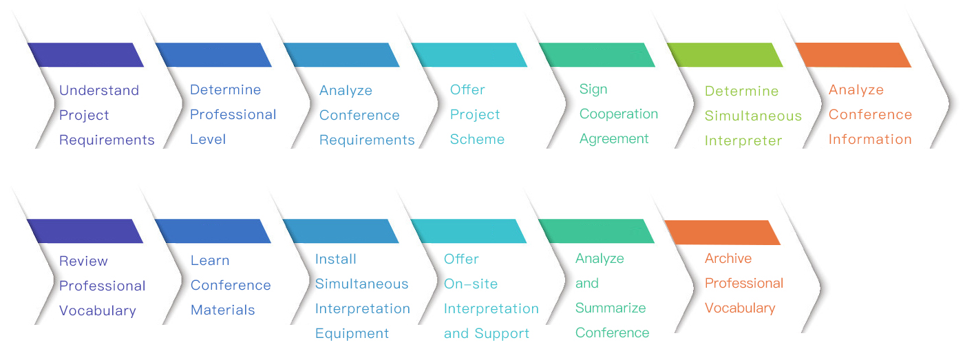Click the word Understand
(x=99, y=91)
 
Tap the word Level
(x=208, y=140)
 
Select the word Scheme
(x=477, y=140)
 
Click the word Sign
(x=593, y=89)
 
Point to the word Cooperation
(x=619, y=114)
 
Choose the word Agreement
(x=614, y=139)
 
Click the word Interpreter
(x=743, y=141)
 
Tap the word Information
(x=870, y=140)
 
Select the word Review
(x=83, y=262)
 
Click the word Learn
(x=210, y=261)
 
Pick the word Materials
(x=223, y=310)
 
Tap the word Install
(x=336, y=260)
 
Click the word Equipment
(x=352, y=334)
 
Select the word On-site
(x=471, y=284)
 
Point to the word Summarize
(x=611, y=308)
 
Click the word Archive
(x=728, y=259)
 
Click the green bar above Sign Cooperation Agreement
(x=596, y=55)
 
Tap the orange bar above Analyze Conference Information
(x=853, y=55)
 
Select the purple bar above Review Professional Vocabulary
(x=85, y=231)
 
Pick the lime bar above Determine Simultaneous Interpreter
(x=724, y=55)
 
